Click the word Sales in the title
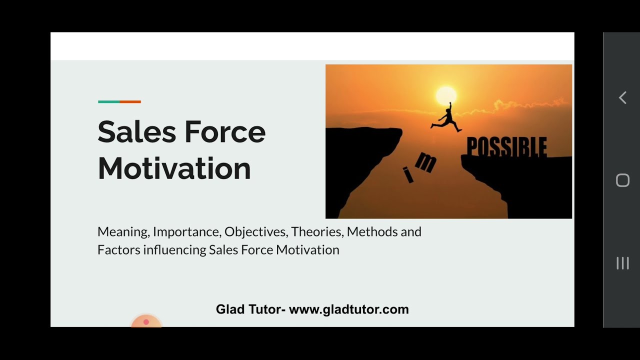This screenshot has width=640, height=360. tap(136, 132)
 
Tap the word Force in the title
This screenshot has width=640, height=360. tap(225, 132)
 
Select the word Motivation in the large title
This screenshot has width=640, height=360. tap(174, 168)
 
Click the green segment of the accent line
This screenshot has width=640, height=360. tap(108, 101)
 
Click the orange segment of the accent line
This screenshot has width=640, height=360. tap(130, 101)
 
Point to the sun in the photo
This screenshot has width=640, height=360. tap(446, 95)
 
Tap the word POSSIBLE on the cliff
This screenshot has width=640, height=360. tap(506, 147)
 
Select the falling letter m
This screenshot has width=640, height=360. tap(425, 161)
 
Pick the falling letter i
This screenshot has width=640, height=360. tap(408, 175)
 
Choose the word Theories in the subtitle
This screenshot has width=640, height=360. tap(317, 232)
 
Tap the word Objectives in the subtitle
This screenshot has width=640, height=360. tap(256, 232)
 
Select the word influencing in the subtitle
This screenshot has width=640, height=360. tap(174, 250)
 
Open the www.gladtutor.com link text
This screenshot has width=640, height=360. tap(348, 309)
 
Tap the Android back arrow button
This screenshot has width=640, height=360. tap(622, 97)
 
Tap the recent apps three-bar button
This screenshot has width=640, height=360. tap(622, 263)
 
